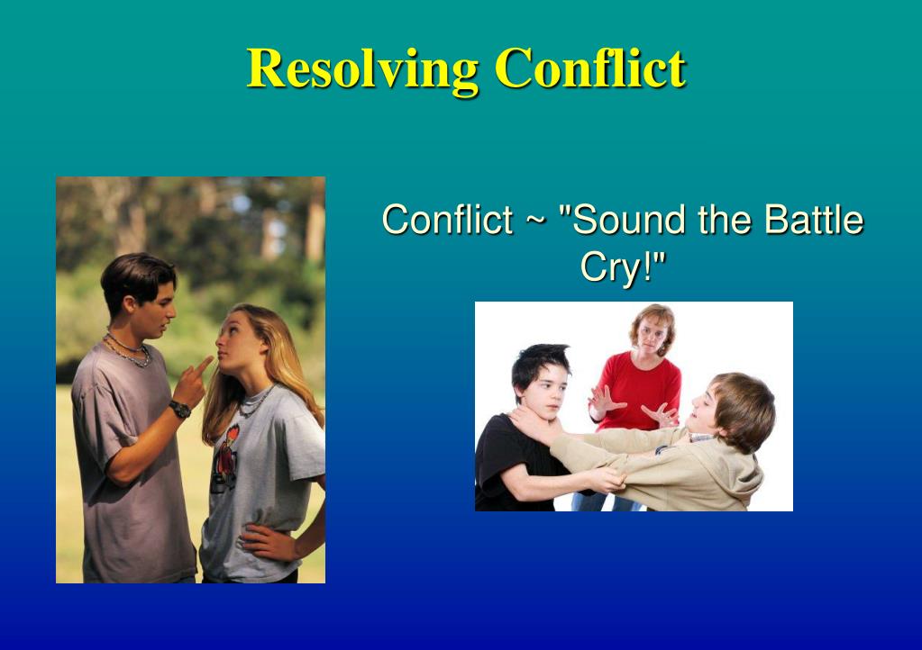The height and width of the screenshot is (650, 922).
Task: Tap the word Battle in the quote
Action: point(813,219)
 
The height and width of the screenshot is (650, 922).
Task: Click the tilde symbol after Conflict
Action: point(535,221)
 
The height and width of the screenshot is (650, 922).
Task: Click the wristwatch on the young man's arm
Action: point(180,409)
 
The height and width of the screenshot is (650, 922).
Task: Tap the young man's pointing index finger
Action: point(203,366)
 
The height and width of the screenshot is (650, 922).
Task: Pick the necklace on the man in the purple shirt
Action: point(128,350)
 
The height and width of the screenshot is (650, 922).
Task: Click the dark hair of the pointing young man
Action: point(137,280)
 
